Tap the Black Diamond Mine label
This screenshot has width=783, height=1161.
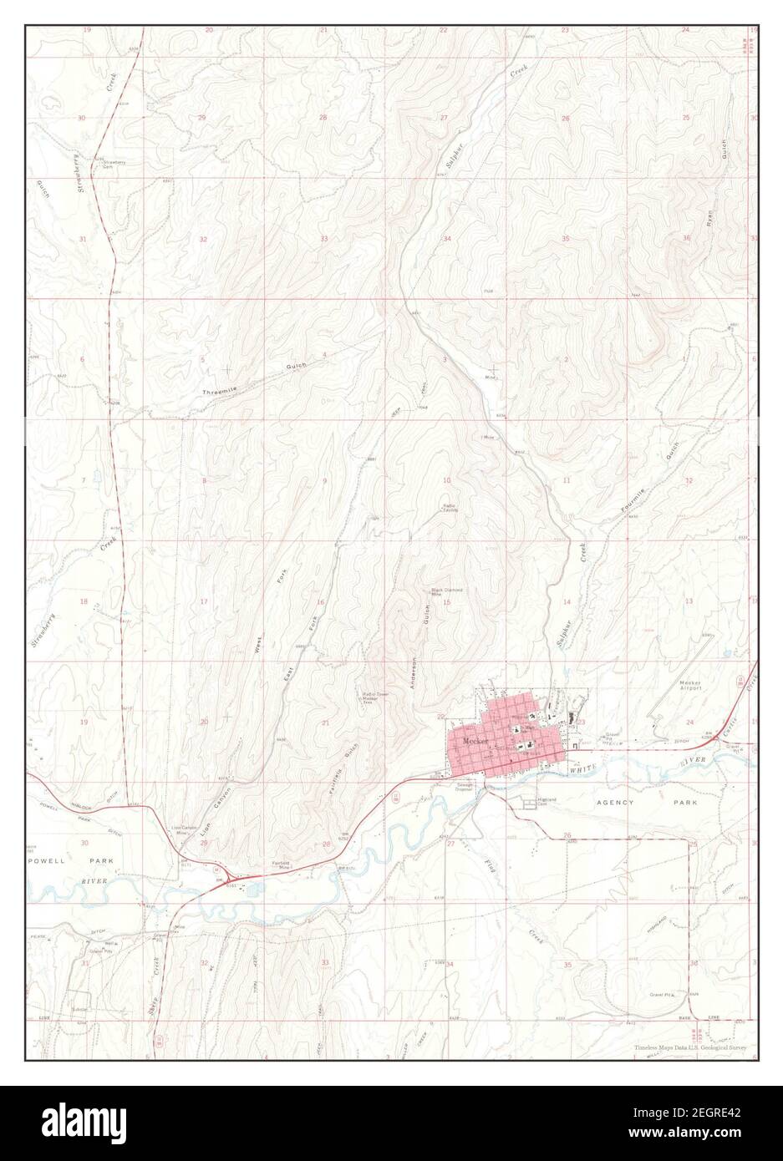pyautogui.click(x=446, y=592)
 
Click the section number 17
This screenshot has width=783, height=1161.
pyautogui.click(x=203, y=601)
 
